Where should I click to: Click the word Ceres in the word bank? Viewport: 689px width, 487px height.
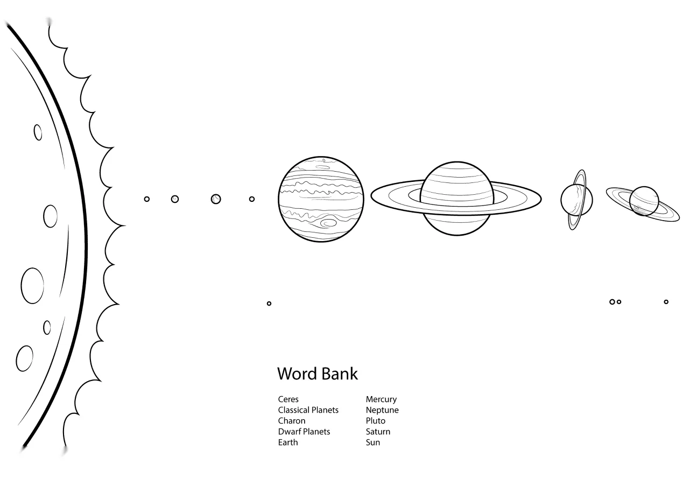[288, 399]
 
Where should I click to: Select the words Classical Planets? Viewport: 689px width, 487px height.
[308, 410]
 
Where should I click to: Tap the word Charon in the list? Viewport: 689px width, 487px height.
[292, 421]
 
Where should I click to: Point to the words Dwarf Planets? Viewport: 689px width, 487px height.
[304, 432]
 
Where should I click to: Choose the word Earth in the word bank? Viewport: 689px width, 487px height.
[288, 442]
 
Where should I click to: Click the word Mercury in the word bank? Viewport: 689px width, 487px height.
[381, 399]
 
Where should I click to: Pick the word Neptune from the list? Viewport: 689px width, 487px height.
[382, 410]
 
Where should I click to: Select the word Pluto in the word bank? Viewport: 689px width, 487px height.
[375, 421]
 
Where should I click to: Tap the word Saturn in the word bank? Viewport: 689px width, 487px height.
[378, 432]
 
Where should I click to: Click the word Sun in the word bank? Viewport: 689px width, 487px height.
[373, 442]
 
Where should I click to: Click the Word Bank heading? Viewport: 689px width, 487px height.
[318, 374]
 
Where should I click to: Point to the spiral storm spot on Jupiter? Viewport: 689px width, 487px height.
[328, 222]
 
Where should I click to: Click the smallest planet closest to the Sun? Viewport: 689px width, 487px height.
[147, 199]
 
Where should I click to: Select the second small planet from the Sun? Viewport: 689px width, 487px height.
[175, 199]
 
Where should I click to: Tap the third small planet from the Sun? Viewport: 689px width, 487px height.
[216, 199]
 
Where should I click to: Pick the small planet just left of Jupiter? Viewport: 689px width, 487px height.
[251, 199]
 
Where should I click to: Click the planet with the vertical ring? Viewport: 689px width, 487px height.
[576, 200]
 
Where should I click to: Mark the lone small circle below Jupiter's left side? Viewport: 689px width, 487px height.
[269, 304]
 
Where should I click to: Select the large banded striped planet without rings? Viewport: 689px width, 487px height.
[321, 199]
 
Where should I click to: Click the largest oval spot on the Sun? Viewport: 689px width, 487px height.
[32, 286]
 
